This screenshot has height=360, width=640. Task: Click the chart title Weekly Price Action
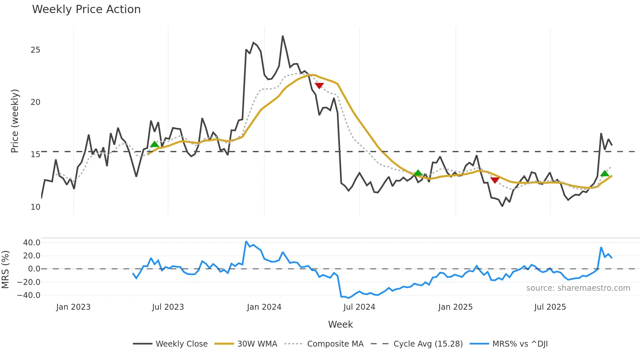point(86,9)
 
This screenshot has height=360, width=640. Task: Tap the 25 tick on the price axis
point(35,50)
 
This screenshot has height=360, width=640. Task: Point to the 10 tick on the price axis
point(35,207)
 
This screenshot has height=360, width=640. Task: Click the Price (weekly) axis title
point(15,121)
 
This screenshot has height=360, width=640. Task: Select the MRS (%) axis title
point(6,270)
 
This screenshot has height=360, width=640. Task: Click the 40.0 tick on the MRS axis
point(32,242)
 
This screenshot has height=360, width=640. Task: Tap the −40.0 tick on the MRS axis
point(29,295)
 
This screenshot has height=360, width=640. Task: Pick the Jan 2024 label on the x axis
point(264,307)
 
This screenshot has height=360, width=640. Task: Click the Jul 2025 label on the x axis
point(550,307)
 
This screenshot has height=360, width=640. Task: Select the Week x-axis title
point(340,324)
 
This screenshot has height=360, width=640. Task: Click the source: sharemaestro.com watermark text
point(578,288)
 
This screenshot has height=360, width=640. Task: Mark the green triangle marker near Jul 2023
point(154,144)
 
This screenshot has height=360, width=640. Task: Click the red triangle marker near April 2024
point(319,86)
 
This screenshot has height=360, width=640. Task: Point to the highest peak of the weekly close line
point(282,36)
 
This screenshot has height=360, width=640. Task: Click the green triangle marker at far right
point(605,173)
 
